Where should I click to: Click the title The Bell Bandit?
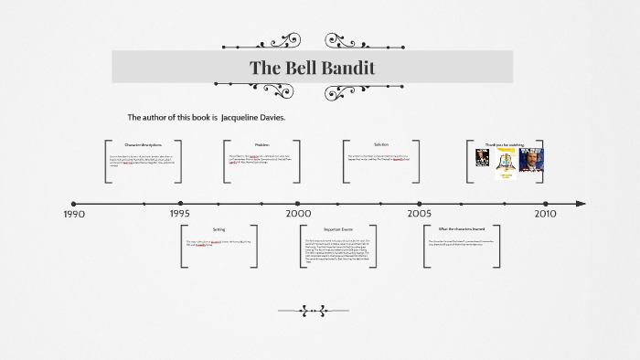point(312,68)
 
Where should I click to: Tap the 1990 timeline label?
point(74,214)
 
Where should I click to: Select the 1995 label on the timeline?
point(180,214)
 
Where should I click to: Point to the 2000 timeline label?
point(298,214)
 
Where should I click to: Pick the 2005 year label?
point(420,214)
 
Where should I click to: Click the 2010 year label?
point(545,214)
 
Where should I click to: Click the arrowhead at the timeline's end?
point(581,204)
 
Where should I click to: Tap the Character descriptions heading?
point(143,145)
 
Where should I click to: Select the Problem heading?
point(261,145)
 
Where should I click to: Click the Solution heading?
point(380,144)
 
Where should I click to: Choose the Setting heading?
point(219,229)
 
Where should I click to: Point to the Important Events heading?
point(338,229)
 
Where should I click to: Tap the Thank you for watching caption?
point(506,144)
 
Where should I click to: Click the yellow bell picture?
point(507,162)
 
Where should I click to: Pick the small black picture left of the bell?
point(482,157)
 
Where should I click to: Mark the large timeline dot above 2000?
point(297,204)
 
